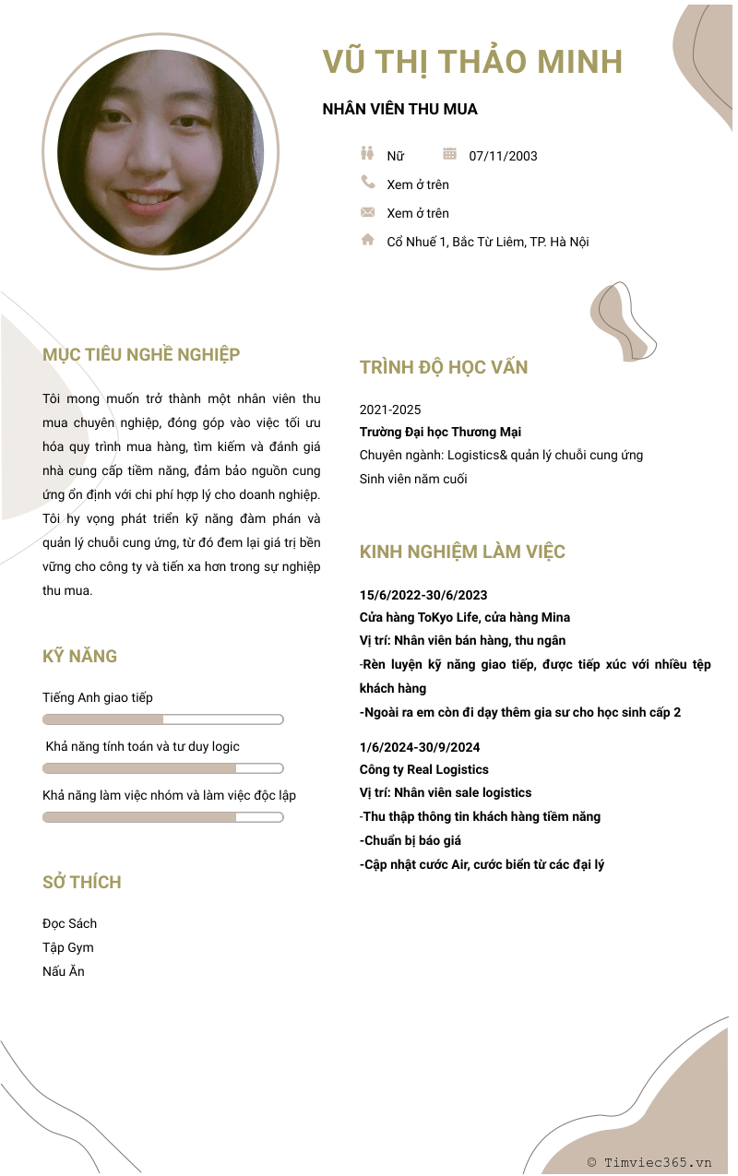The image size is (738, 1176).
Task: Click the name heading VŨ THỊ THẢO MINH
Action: [472, 62]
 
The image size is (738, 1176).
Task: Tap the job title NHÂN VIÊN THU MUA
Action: [399, 109]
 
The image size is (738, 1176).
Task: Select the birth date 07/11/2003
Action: [503, 156]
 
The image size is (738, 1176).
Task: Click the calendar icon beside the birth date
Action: [450, 154]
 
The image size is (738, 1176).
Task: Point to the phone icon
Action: [368, 183]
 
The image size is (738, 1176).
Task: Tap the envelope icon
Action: [368, 212]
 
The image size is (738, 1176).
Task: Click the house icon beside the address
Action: [368, 240]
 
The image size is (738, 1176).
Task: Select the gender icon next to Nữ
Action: [367, 154]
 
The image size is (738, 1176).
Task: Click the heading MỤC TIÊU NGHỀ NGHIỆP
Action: [141, 354]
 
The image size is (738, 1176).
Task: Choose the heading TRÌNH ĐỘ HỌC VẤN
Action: [444, 367]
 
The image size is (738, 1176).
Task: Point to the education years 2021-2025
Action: [390, 410]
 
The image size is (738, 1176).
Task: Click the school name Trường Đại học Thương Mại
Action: [440, 432]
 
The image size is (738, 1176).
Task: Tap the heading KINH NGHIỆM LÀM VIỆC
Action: [462, 552]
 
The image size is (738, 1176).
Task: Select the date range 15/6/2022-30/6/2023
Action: [423, 595]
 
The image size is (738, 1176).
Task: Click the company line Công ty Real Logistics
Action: [423, 769]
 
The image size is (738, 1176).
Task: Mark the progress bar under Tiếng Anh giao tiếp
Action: [162, 719]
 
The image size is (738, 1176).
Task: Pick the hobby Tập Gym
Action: [67, 947]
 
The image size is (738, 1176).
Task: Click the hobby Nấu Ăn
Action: [63, 971]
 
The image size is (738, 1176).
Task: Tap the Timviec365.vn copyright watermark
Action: [649, 1162]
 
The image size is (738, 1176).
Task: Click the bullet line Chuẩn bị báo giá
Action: [411, 840]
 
